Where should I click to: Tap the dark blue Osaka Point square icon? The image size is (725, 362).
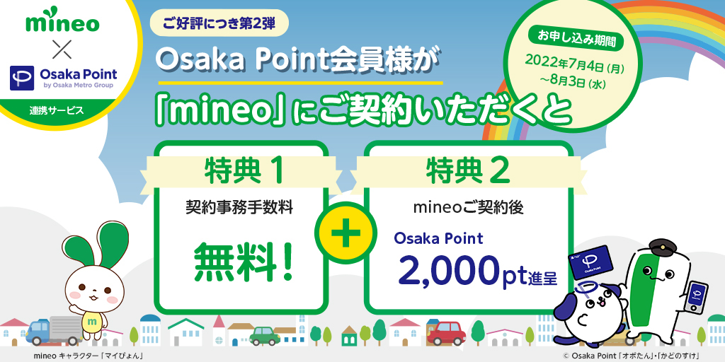point(22,78)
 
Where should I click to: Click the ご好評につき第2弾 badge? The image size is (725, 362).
point(219,23)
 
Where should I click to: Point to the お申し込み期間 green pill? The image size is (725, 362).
point(576,40)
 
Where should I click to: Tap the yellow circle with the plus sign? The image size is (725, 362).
point(346,230)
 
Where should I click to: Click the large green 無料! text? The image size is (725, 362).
point(244,262)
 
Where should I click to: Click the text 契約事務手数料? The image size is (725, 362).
point(239,208)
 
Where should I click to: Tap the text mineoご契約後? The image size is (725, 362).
point(468,208)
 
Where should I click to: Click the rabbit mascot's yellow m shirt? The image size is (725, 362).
point(91,320)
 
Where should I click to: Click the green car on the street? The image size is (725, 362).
point(265,336)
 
